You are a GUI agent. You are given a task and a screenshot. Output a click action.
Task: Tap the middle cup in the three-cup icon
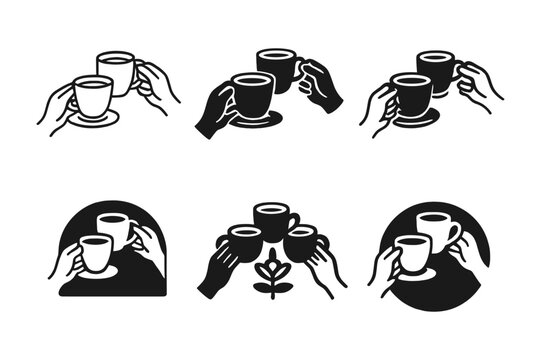tap(270, 220)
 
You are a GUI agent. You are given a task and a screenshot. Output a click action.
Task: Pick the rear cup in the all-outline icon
tap(116, 71)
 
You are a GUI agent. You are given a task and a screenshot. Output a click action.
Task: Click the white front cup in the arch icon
tap(93, 256)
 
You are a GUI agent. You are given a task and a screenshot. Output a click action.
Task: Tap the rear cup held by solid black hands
tap(277, 68)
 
